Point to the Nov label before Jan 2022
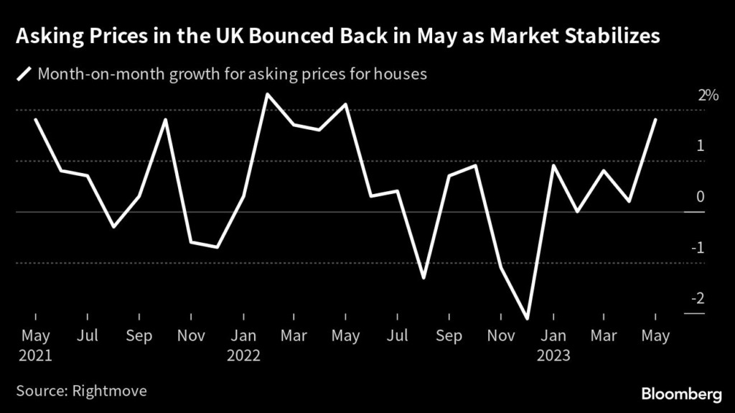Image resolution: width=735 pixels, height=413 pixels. click(x=190, y=335)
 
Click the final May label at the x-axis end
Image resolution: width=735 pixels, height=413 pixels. click(x=655, y=335)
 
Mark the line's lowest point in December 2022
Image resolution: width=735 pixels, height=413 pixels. click(x=528, y=318)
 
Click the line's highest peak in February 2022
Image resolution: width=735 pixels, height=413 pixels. click(x=267, y=94)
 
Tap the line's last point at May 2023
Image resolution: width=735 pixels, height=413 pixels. click(x=655, y=120)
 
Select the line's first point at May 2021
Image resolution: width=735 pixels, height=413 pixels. click(x=35, y=120)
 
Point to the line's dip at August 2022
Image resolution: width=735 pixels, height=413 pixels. click(x=423, y=277)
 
